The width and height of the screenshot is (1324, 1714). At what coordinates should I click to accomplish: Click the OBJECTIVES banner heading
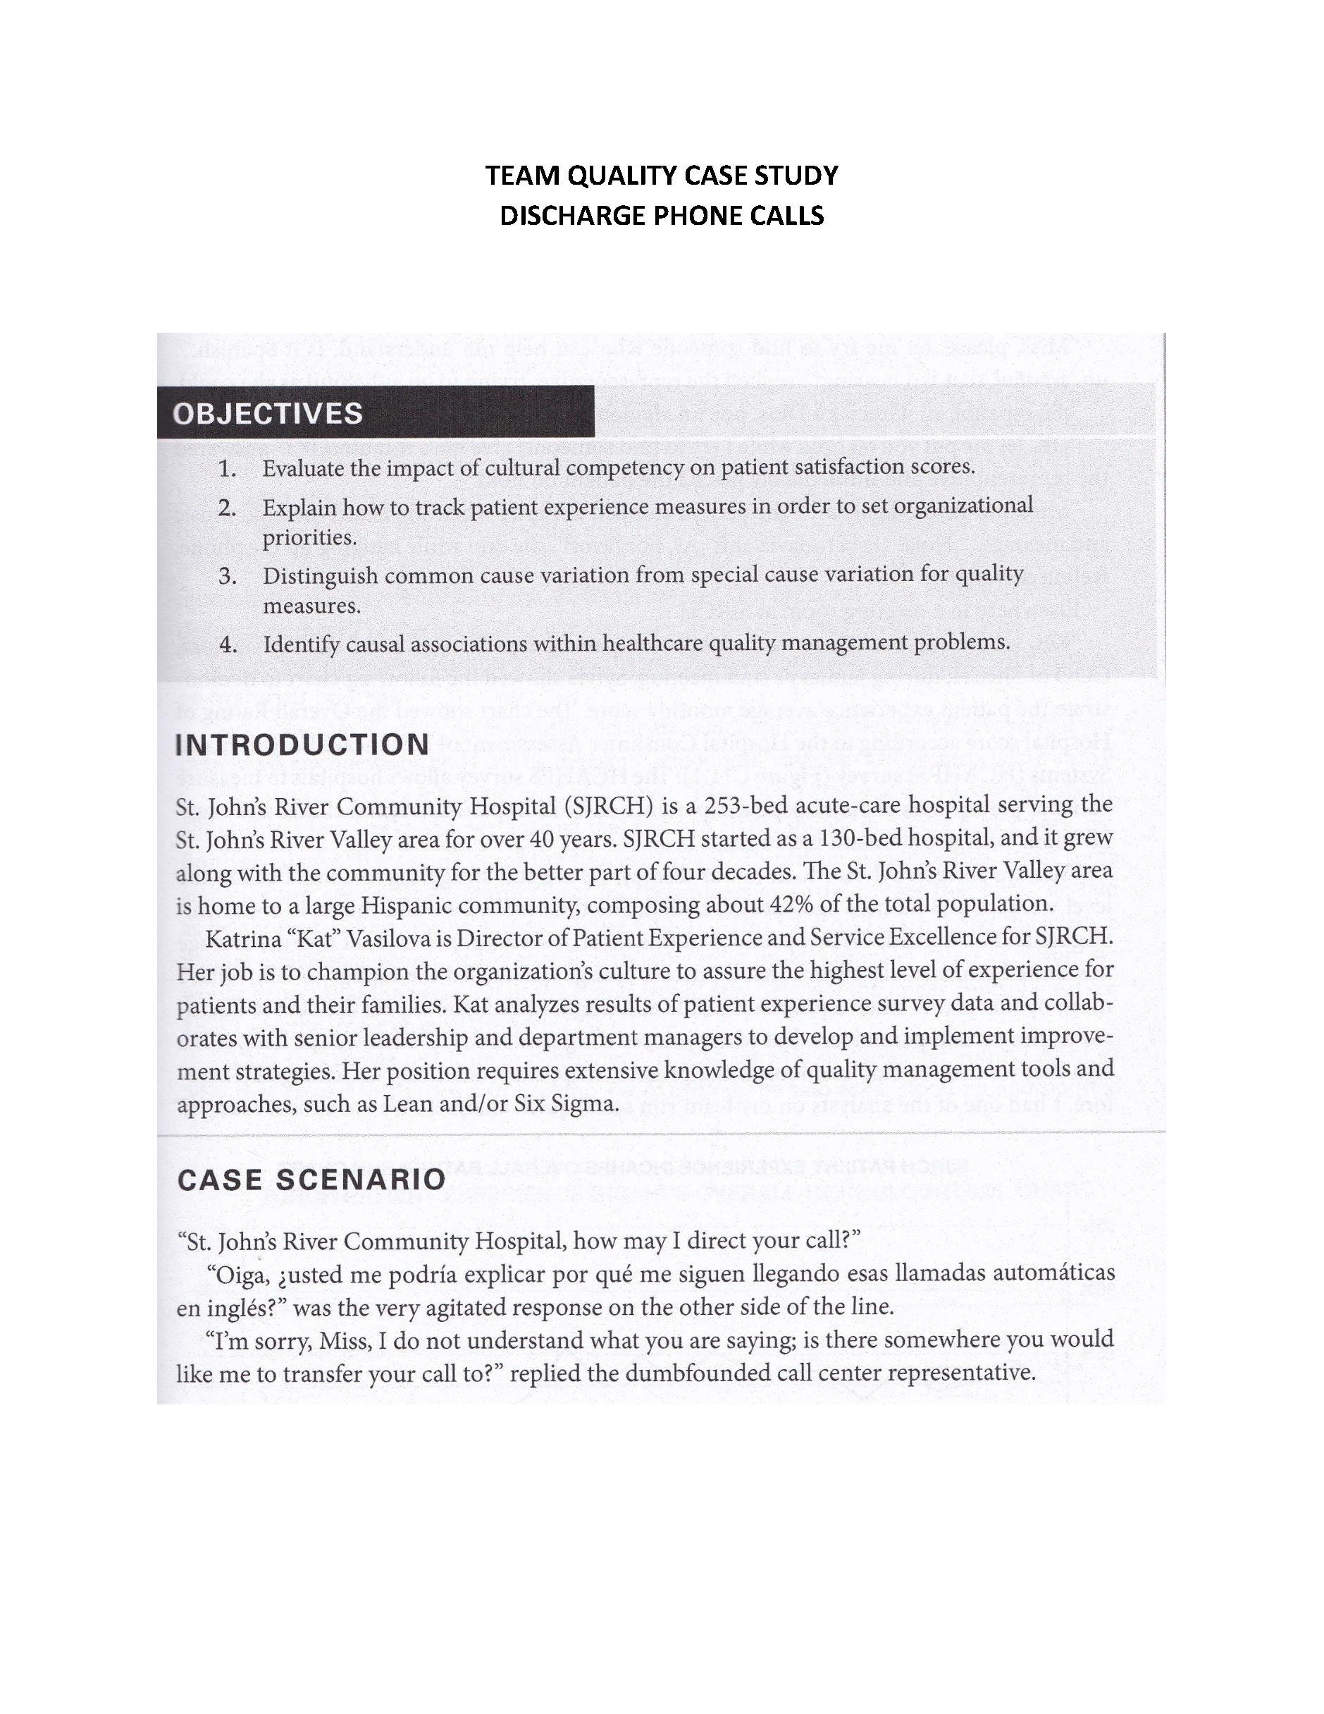[268, 414]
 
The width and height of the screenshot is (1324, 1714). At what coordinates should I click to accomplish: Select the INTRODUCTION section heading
[303, 745]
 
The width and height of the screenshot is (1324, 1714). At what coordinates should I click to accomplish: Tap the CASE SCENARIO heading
[311, 1180]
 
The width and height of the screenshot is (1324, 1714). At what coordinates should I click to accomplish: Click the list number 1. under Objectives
[228, 470]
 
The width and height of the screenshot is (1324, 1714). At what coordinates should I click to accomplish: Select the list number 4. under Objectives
[228, 645]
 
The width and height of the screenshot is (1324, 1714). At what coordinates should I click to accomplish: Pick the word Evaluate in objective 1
[301, 470]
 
